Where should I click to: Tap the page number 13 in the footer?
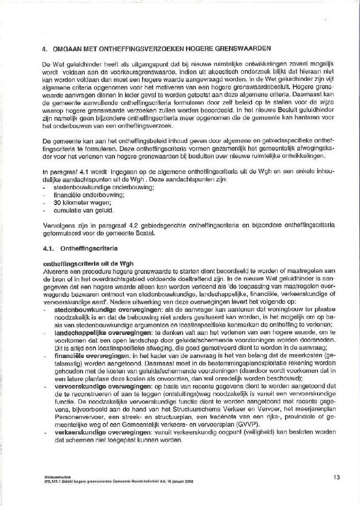coord(337,477)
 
